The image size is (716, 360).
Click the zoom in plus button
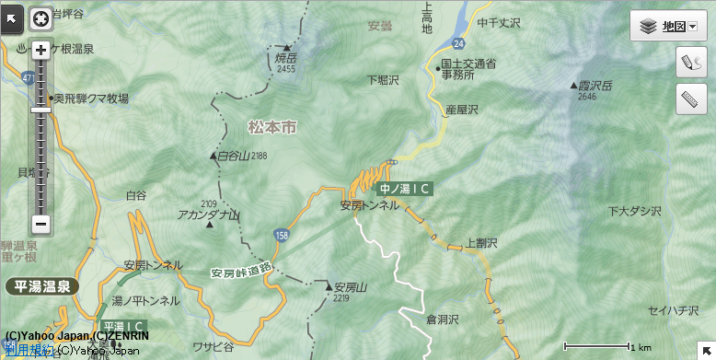(x=40, y=51)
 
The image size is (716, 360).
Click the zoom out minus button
(x=40, y=223)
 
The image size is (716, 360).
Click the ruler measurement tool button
(x=691, y=98)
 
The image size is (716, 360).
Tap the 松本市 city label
(x=272, y=128)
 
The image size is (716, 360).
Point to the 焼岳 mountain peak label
(x=285, y=59)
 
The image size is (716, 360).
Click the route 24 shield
(x=458, y=43)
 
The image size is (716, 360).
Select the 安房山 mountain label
(x=351, y=287)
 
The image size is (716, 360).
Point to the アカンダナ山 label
(x=209, y=215)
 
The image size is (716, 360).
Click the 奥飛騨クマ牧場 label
(x=90, y=98)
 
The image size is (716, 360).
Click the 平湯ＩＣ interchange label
(x=122, y=326)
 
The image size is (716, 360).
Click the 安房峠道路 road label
(x=241, y=271)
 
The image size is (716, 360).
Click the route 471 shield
(x=28, y=79)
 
